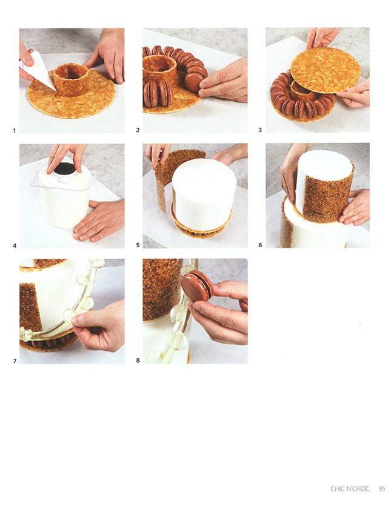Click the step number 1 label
[x=14, y=131]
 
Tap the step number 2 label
[x=138, y=130]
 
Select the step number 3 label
[x=260, y=130]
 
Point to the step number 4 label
[x=15, y=245]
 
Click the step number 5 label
[x=138, y=245]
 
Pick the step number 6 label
[x=260, y=245]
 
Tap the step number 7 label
[x=15, y=361]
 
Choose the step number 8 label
[x=138, y=361]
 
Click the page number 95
[x=382, y=489]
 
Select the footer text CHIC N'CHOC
[x=350, y=489]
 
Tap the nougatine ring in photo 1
[x=71, y=80]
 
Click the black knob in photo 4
[x=65, y=168]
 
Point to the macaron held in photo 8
[x=197, y=286]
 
